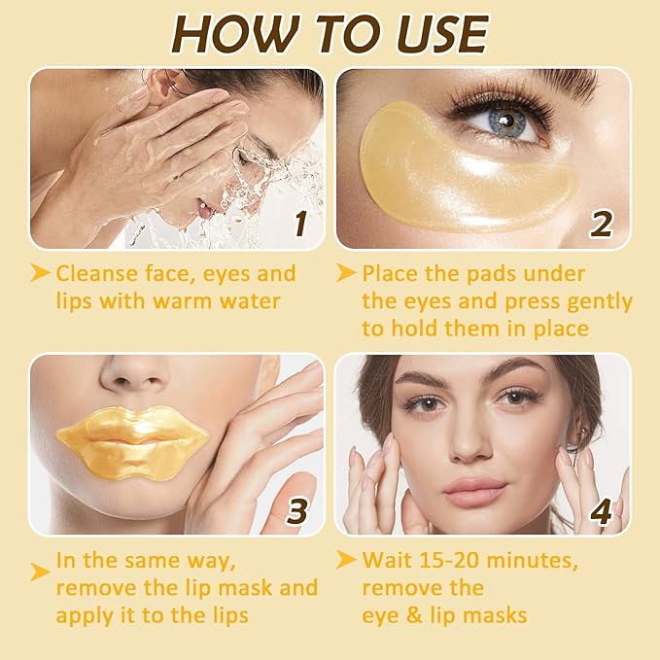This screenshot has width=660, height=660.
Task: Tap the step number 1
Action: tap(300, 224)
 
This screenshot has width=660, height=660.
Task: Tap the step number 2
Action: tap(602, 224)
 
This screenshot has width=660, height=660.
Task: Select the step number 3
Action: tap(296, 509)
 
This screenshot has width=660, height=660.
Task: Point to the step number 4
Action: tap(602, 509)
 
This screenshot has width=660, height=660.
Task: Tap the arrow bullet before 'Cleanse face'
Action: tap(40, 274)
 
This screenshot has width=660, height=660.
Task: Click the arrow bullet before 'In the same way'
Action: tap(40, 573)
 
